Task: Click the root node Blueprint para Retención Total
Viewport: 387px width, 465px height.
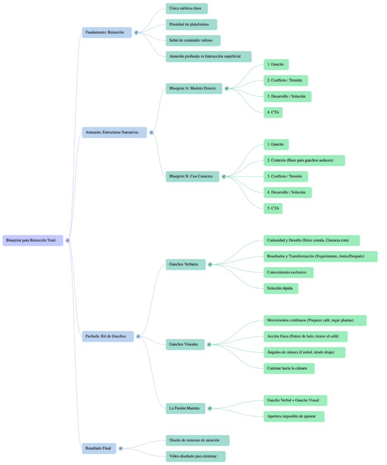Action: pyautogui.click(x=33, y=240)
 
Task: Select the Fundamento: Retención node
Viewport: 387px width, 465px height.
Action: pyautogui.click(x=107, y=33)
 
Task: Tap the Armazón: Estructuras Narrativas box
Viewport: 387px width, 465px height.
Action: pyautogui.click(x=114, y=133)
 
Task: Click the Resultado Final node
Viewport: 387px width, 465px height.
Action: pyautogui.click(x=99, y=448)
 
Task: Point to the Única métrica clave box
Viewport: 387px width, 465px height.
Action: pyautogui.click(x=186, y=9)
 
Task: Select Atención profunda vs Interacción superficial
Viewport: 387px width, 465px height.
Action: pyautogui.click(x=208, y=56)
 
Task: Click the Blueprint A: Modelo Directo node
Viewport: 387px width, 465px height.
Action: pyautogui.click(x=193, y=88)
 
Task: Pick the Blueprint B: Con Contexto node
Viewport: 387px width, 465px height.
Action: pyautogui.click(x=192, y=176)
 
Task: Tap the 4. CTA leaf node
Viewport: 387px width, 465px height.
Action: pyautogui.click(x=273, y=112)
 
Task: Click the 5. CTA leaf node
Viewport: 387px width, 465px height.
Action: pyautogui.click(x=273, y=208)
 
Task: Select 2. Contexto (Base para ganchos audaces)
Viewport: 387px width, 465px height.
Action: pyautogui.click(x=304, y=160)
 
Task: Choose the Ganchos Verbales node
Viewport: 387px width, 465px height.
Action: pyautogui.click(x=185, y=264)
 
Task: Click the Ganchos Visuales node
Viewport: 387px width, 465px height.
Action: pyautogui.click(x=184, y=344)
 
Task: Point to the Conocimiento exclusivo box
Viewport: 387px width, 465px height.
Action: pyautogui.click(x=288, y=272)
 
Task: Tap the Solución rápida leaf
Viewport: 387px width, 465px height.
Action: pyautogui.click(x=281, y=288)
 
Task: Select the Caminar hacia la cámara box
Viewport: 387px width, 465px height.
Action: pyautogui.click(x=289, y=368)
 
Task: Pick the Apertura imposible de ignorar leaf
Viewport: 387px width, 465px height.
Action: pyautogui.click(x=294, y=416)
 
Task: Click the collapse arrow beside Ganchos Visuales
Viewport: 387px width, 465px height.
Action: pyautogui.click(x=209, y=344)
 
